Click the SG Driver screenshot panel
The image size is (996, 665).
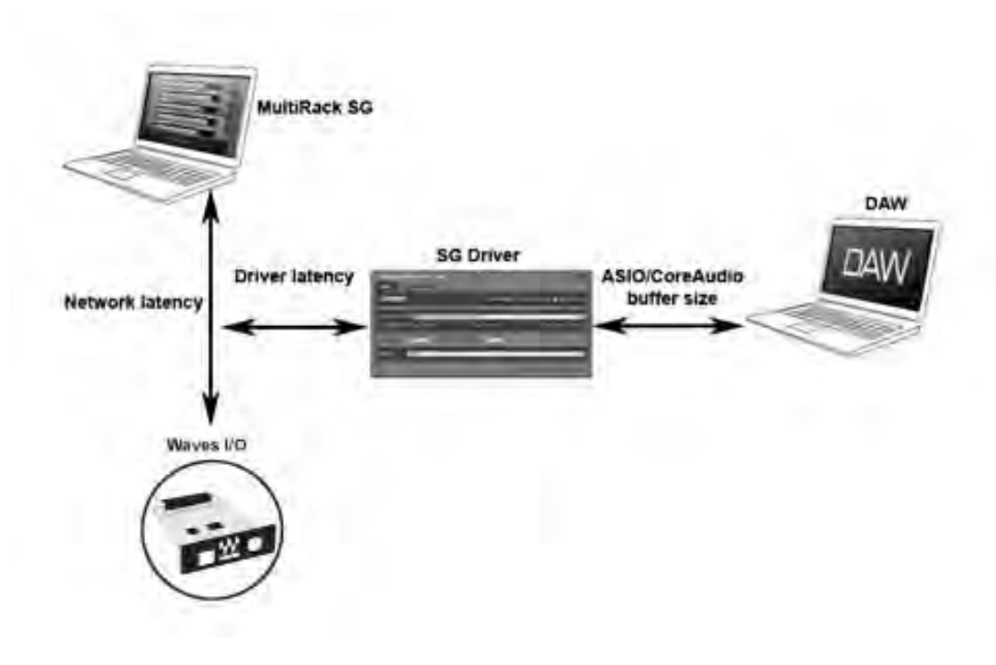[x=479, y=322]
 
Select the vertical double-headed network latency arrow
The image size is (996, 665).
[x=211, y=303]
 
